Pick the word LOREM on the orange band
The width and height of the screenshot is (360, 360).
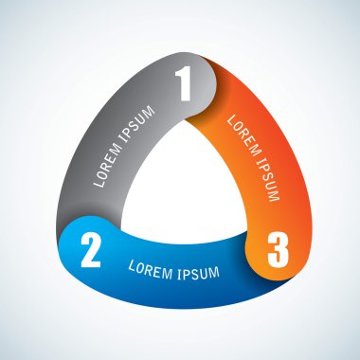[x=243, y=135]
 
